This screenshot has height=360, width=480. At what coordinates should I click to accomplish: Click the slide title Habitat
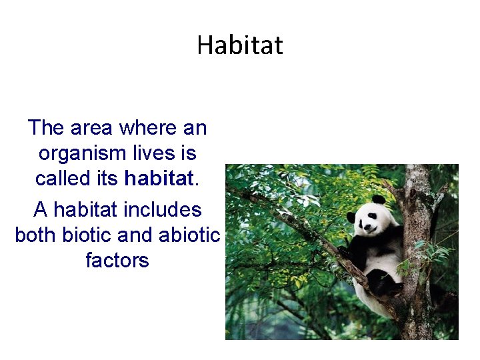click(x=240, y=45)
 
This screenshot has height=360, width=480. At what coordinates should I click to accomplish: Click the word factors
click(x=117, y=260)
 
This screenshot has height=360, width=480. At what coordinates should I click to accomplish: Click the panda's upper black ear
click(x=379, y=200)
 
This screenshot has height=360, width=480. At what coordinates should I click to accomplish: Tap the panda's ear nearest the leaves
click(x=351, y=217)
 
